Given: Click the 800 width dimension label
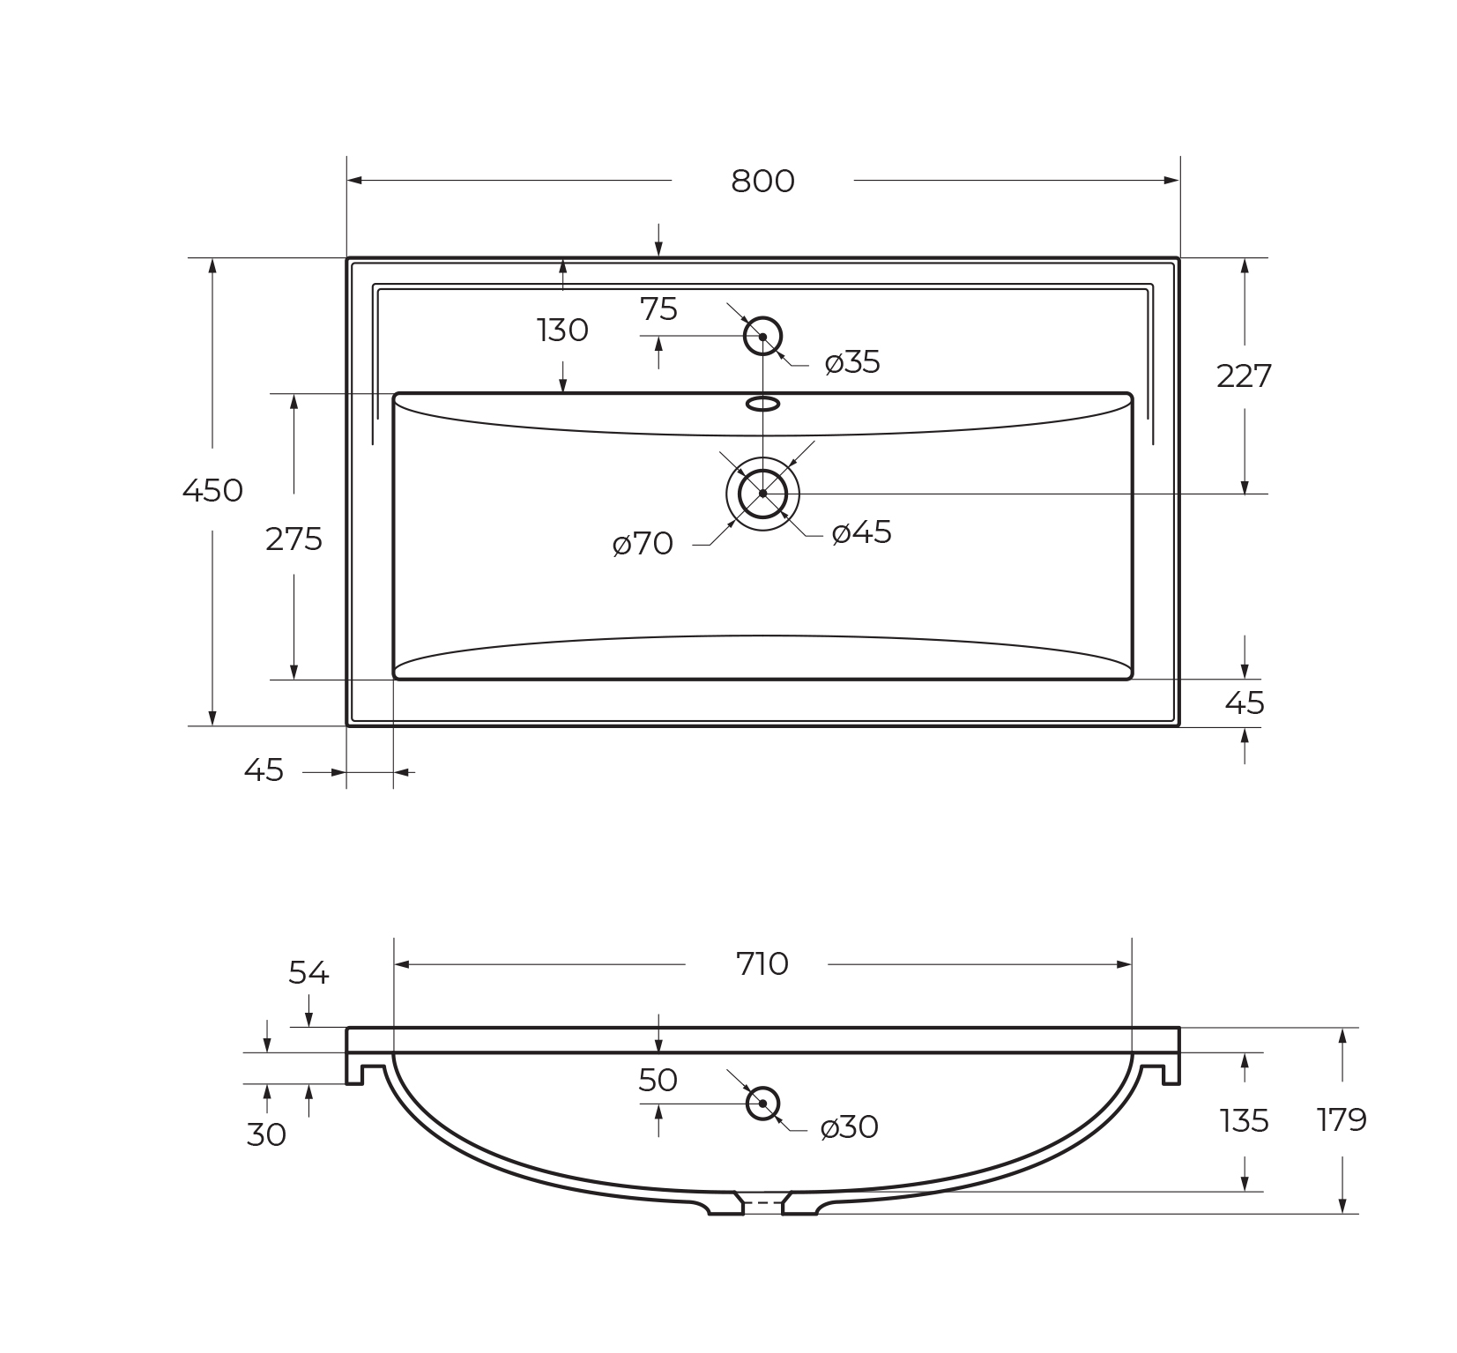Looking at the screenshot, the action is [762, 181].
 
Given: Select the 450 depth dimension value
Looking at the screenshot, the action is [212, 490].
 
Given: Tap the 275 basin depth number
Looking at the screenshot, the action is [294, 539].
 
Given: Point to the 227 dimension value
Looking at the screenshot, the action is [1244, 376].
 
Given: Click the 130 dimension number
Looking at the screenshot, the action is [562, 331].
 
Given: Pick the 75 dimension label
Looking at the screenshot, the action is [658, 309].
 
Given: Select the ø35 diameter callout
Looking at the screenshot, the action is [852, 362].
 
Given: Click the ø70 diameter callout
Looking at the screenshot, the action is [643, 544].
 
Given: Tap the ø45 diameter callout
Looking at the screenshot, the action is [862, 532].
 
